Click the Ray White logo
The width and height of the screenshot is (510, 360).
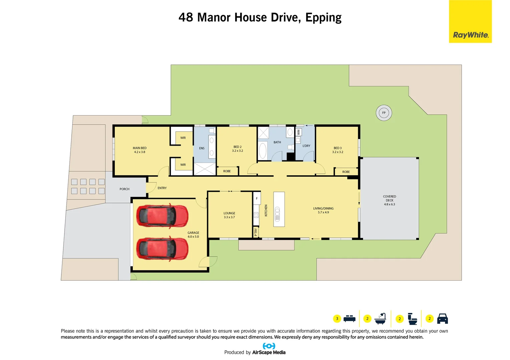[x=470, y=35]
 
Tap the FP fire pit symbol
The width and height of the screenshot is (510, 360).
[x=384, y=113]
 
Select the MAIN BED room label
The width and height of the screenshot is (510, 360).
[x=139, y=150]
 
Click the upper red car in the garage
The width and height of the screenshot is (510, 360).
[x=162, y=216]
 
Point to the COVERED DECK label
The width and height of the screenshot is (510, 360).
[x=389, y=200]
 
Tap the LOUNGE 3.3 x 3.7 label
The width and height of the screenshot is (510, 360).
[x=229, y=215]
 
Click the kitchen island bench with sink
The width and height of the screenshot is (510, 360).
[x=279, y=209]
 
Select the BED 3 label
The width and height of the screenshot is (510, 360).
[x=338, y=150]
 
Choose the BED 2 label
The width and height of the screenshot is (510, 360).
[x=237, y=149]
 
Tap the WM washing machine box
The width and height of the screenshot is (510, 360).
[x=299, y=132]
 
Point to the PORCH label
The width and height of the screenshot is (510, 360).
[x=124, y=189]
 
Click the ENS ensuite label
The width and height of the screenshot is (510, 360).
[x=202, y=148]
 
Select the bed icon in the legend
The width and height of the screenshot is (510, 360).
[x=349, y=319]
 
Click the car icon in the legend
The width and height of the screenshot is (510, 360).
[x=442, y=319]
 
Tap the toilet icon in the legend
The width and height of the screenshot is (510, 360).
[x=412, y=319]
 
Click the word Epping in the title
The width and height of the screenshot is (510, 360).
[x=323, y=18]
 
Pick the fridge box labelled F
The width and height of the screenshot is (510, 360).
[x=257, y=198]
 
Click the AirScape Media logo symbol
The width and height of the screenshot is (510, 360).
[x=269, y=346]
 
